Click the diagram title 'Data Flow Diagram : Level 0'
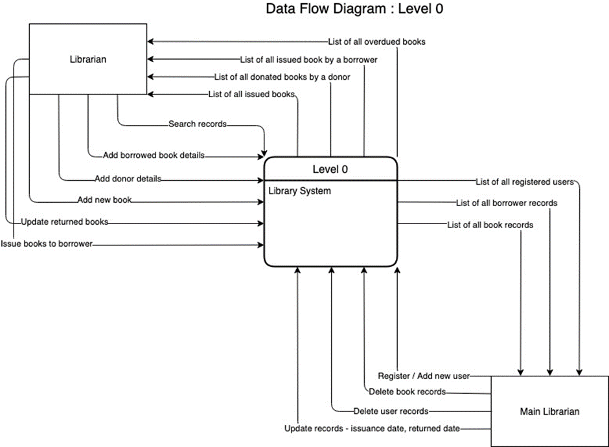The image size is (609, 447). point(354,9)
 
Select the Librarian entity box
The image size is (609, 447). point(88,60)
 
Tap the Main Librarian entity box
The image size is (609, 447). point(549,411)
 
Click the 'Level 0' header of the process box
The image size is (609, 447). point(330,170)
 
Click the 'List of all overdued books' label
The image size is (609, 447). point(376,42)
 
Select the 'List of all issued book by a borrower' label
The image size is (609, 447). point(308,60)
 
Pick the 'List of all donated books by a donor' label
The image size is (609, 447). point(282,77)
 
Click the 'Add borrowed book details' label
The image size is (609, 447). point(154,155)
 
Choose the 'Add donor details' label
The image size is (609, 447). point(128,178)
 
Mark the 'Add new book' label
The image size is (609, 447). point(104,200)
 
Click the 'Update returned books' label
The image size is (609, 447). point(64,222)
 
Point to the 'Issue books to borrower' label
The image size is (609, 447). point(47,244)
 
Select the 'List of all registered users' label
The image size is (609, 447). point(525,182)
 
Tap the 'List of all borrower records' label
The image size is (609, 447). point(506,203)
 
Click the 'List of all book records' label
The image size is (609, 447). point(490,225)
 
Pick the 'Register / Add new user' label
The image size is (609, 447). point(424,376)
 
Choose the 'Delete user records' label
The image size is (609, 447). point(391,411)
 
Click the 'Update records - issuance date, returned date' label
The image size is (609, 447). point(373,429)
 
